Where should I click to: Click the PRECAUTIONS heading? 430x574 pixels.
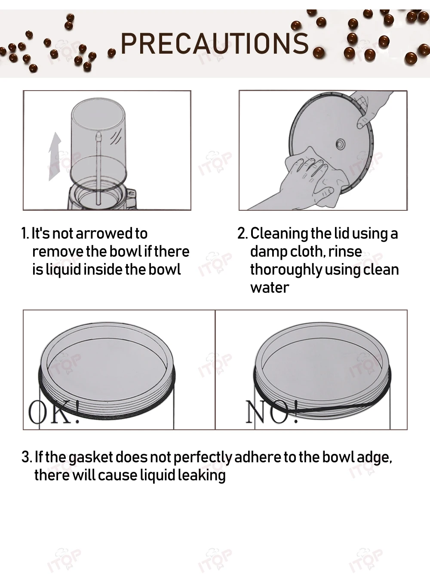tap(215, 43)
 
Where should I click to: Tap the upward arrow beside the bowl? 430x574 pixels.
tap(55, 156)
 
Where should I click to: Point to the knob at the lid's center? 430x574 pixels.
tap(341, 144)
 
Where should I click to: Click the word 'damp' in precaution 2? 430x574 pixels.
tap(267, 251)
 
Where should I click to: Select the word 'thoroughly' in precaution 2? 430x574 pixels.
tap(286, 270)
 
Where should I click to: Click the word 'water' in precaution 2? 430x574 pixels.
tap(270, 288)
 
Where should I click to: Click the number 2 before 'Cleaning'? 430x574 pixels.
tap(243, 234)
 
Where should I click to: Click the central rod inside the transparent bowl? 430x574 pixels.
tap(98, 168)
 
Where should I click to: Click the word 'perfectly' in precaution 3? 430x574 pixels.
tap(203, 457)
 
